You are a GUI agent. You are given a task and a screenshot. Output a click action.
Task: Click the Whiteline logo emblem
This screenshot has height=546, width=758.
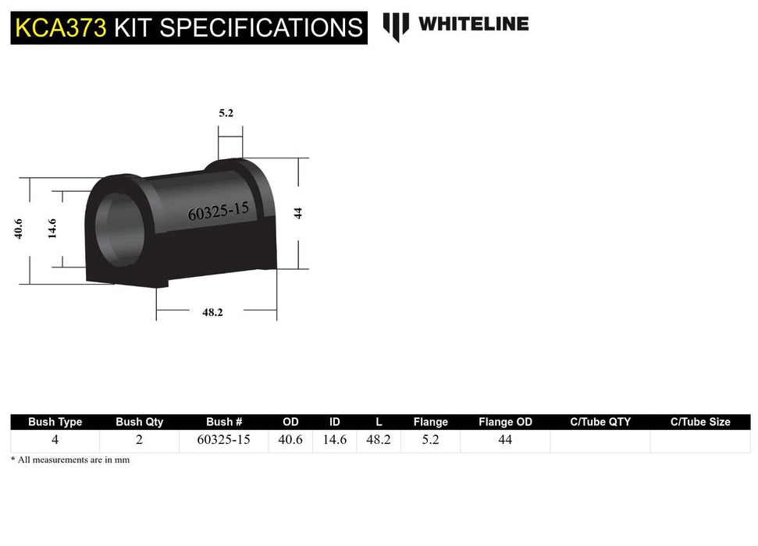[x=396, y=27]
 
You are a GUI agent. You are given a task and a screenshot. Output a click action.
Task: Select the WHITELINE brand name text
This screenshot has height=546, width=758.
[x=473, y=24]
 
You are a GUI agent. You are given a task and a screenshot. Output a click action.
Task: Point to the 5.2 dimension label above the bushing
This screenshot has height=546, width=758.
[x=226, y=113]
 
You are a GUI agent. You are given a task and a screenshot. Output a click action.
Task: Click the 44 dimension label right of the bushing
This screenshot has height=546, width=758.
[x=297, y=212]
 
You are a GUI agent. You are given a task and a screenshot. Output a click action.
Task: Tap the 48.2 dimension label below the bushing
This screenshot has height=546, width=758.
[x=212, y=312]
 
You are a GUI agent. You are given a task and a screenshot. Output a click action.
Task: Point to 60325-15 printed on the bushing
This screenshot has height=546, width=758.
[x=218, y=211]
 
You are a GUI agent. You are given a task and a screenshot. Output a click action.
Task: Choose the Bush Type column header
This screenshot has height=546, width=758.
[x=55, y=422]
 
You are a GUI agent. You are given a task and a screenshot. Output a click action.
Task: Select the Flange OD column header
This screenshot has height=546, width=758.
[x=505, y=422]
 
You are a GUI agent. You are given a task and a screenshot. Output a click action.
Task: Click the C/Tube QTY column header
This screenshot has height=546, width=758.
[x=600, y=422]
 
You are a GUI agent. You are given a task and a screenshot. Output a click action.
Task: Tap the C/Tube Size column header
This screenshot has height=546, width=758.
[x=700, y=422]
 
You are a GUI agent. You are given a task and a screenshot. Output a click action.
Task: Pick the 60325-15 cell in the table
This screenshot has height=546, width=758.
[x=223, y=440]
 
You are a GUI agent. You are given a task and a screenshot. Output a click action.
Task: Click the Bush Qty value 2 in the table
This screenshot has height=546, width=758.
[x=139, y=440]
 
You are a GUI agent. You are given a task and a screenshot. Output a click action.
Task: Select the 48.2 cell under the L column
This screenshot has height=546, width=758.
[x=379, y=440]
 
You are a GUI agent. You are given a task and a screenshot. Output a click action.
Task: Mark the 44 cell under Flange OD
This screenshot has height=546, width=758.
[x=505, y=440]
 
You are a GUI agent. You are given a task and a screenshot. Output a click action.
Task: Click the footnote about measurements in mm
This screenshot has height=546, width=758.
[x=70, y=460]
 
